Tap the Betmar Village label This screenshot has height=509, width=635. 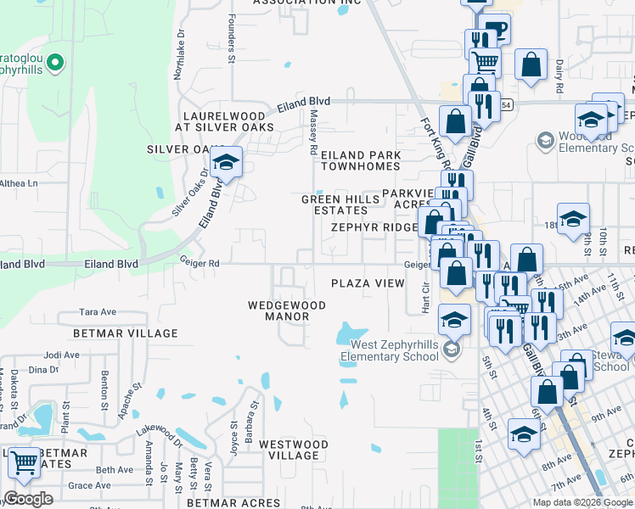point(126,333)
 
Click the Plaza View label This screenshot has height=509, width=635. point(368,283)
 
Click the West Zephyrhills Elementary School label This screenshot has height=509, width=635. point(395,350)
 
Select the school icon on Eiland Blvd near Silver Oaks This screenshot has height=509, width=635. point(227,163)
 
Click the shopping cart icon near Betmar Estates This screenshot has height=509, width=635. point(24,463)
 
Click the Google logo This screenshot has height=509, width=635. point(28,499)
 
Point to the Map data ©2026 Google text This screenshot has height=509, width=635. point(582,502)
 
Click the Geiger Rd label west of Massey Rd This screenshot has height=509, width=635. point(199,264)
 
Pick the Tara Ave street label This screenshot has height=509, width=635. point(97,312)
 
